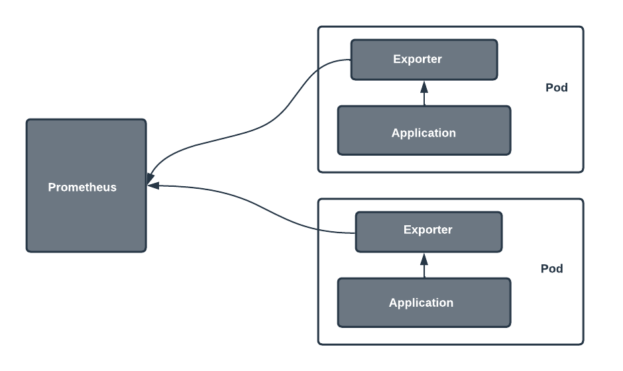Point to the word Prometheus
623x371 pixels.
click(82, 187)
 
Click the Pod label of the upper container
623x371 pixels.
click(556, 87)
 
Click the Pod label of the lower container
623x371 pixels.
click(551, 268)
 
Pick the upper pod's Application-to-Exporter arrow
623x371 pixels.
click(424, 96)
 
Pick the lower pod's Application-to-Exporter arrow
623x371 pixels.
click(424, 268)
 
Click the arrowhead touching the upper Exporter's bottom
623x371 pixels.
click(424, 85)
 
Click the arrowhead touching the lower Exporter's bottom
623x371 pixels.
click(424, 258)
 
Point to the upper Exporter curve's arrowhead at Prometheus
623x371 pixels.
click(150, 177)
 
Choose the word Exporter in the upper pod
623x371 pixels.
click(417, 59)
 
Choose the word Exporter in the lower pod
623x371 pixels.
click(427, 230)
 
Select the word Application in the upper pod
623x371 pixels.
click(424, 132)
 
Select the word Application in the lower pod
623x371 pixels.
click(421, 303)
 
